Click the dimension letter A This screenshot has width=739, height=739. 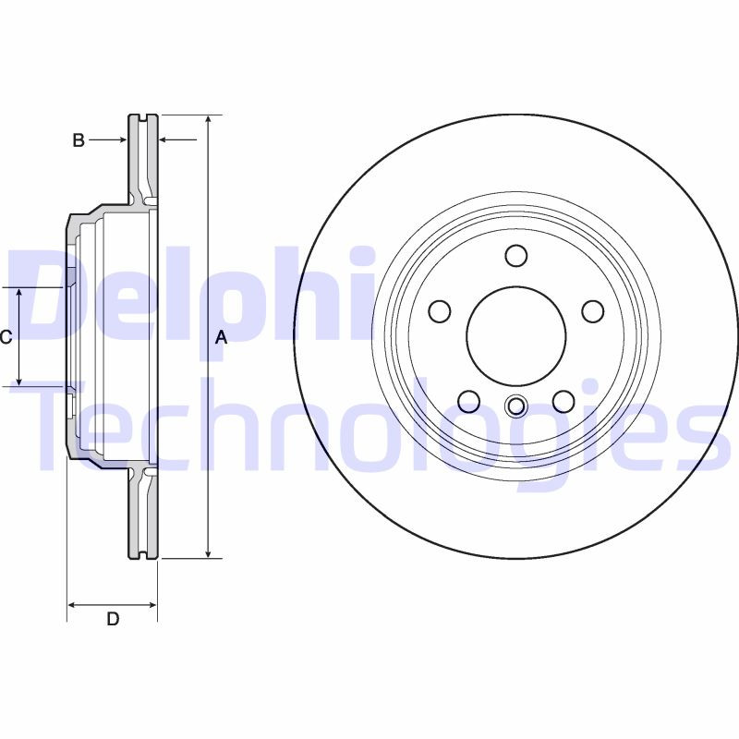tap(221, 338)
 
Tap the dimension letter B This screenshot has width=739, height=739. tap(79, 140)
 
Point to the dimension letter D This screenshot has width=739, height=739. tap(113, 619)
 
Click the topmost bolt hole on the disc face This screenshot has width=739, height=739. tap(516, 255)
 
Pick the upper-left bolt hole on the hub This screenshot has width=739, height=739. tap(441, 311)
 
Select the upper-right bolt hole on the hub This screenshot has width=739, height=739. tap(591, 311)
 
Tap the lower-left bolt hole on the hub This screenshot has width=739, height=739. tap(469, 401)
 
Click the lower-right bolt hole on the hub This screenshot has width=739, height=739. tap(563, 401)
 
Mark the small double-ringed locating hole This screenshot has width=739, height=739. tap(516, 405)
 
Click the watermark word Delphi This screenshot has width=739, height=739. tap(194, 291)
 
